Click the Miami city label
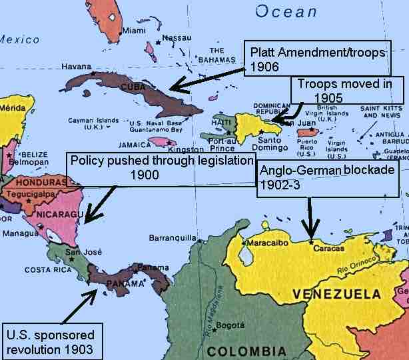(x=134, y=30)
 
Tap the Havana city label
(x=75, y=67)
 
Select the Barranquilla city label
(x=174, y=237)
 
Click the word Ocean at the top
(x=286, y=11)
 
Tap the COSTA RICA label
(x=47, y=270)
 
